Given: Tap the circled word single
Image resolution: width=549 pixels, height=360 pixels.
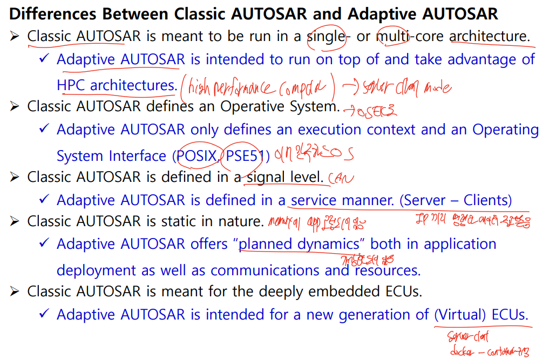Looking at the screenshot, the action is [x=326, y=36].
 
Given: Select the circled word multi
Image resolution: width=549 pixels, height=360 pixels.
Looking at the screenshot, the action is [x=393, y=36].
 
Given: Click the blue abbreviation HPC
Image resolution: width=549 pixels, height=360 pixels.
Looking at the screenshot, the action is [x=71, y=85].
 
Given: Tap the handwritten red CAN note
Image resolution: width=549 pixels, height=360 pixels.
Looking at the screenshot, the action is [x=338, y=178].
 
